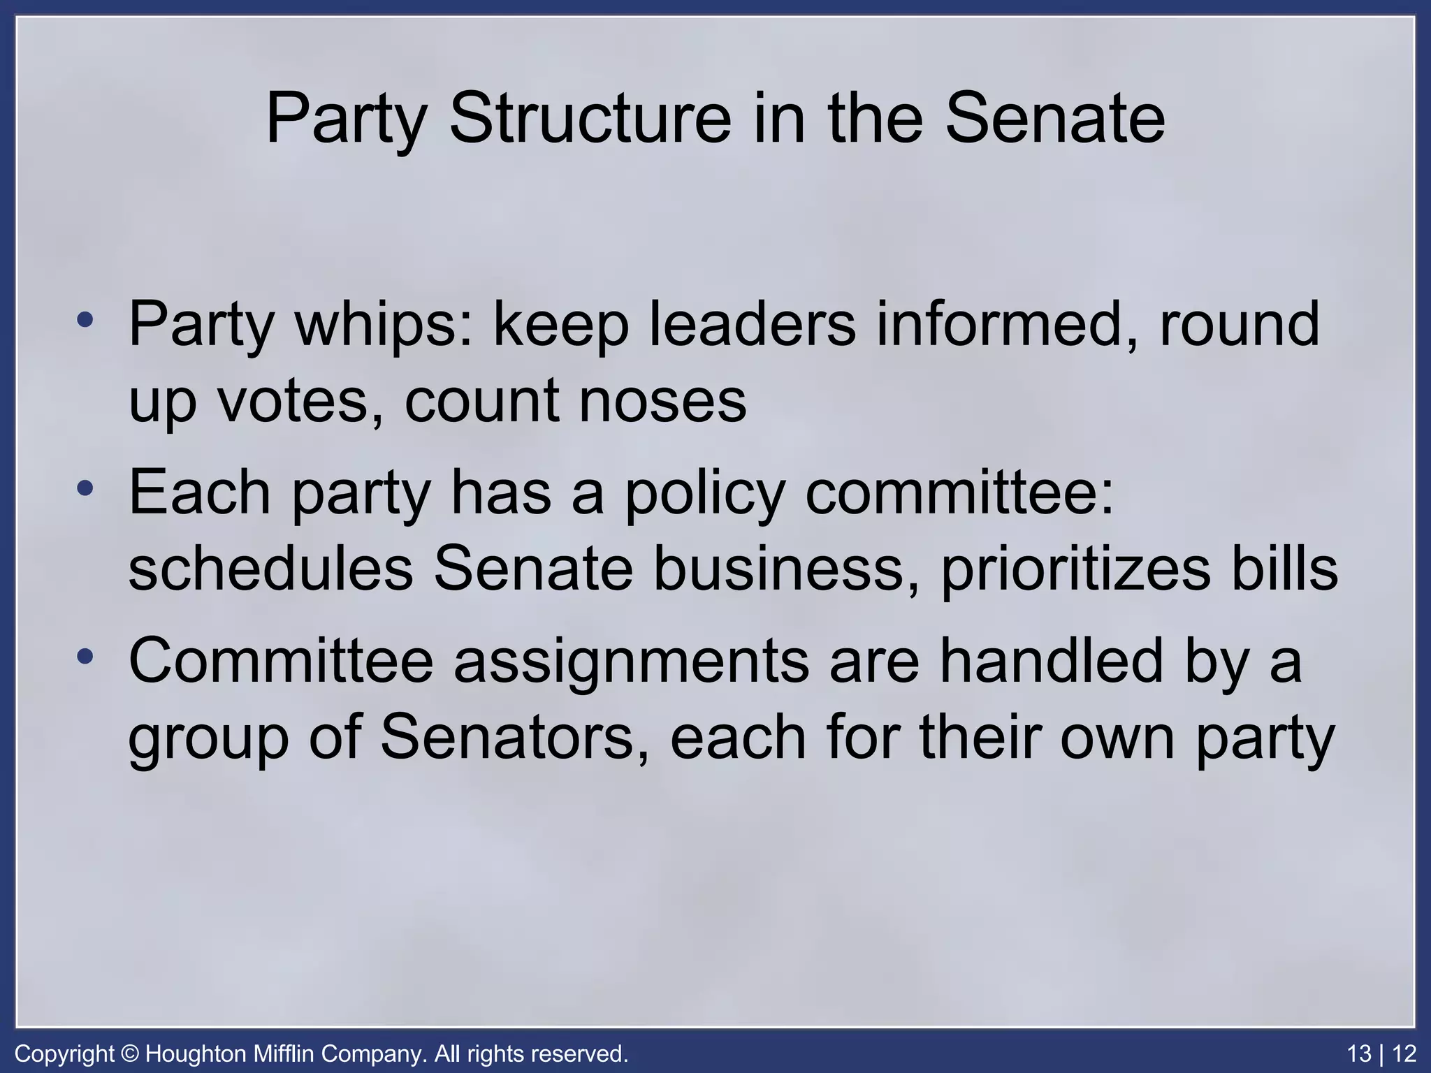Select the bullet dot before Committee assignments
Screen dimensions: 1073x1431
tap(85, 657)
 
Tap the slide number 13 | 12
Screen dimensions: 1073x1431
tap(1381, 1053)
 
